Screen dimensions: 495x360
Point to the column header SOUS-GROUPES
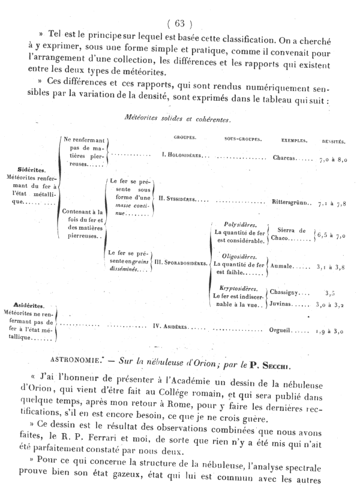(243, 140)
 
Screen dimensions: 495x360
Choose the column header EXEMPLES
(295, 141)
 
